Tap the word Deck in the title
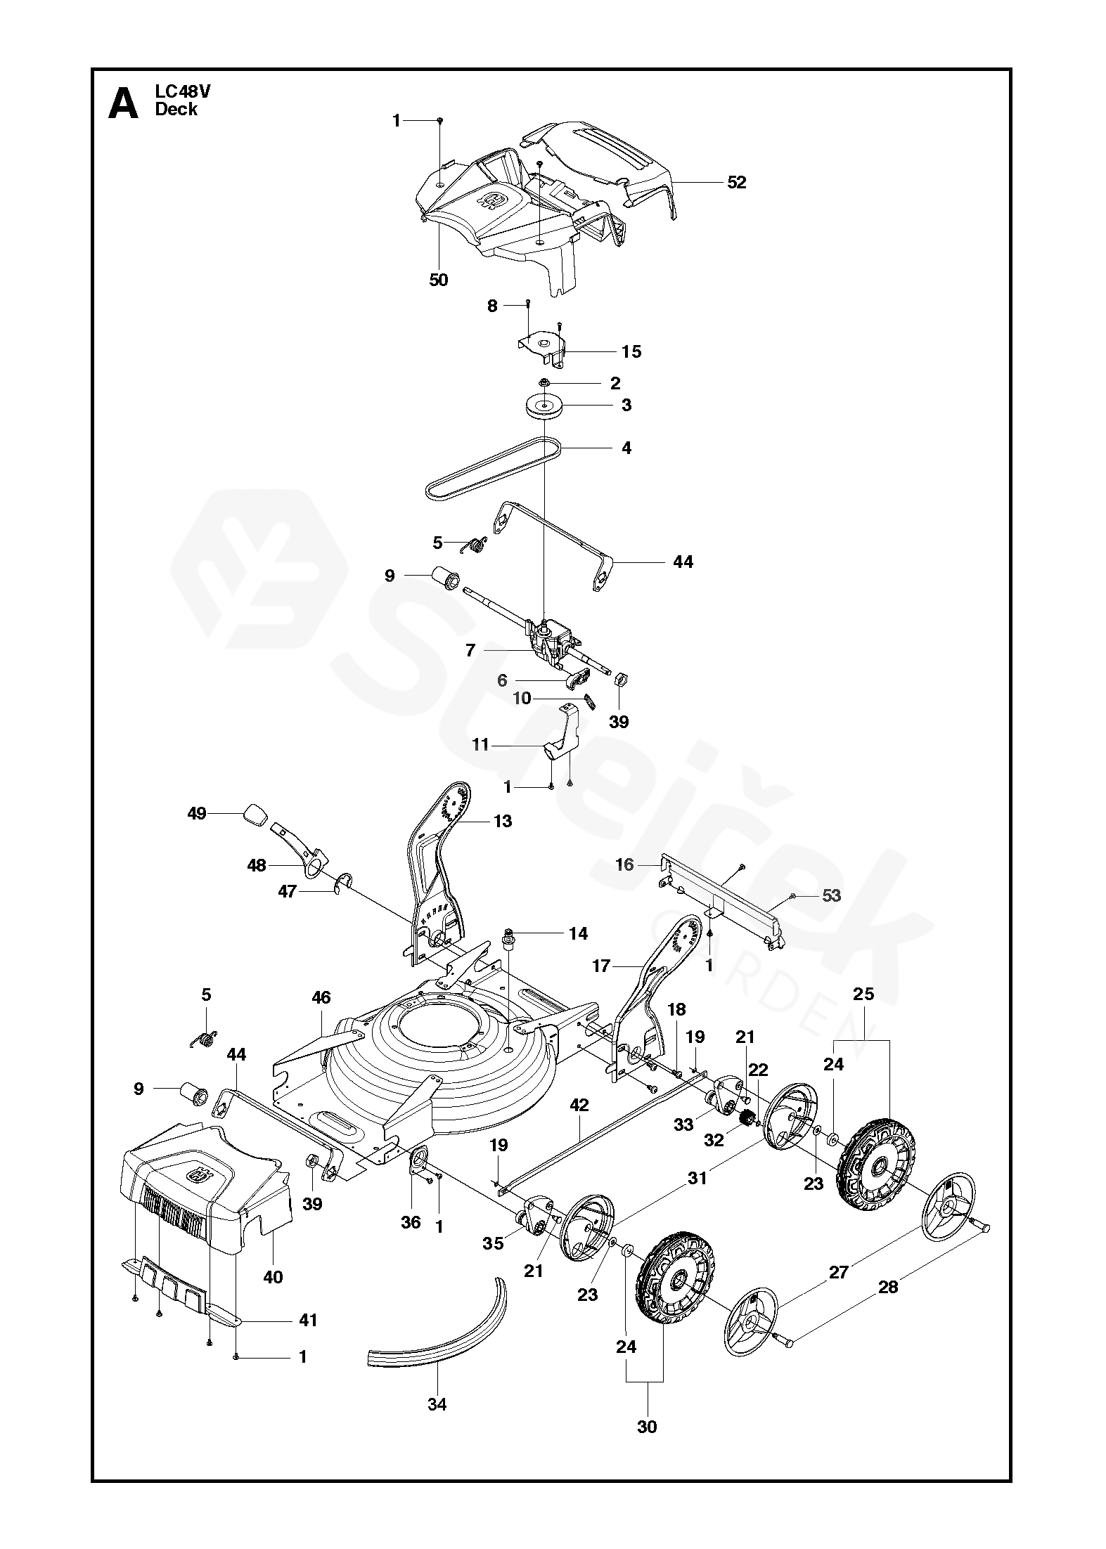(x=176, y=110)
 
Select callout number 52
(x=736, y=182)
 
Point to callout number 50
(x=438, y=280)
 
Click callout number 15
(x=631, y=351)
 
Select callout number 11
(x=480, y=744)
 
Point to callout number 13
(x=503, y=820)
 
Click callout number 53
(x=832, y=895)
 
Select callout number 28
(x=889, y=1287)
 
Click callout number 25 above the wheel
(x=863, y=994)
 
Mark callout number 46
(x=321, y=997)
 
